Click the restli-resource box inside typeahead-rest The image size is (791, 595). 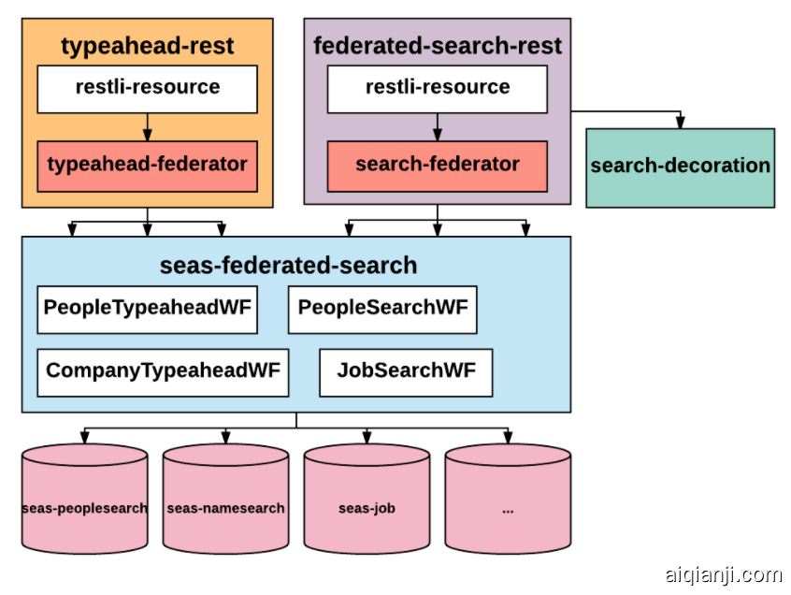coord(147,89)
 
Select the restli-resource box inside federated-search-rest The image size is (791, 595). coord(437,89)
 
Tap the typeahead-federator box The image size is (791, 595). coord(147,166)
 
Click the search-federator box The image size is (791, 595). coord(437,166)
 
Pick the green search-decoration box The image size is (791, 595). coord(680,167)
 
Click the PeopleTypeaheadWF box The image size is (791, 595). coord(147,309)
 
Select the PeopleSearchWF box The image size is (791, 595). coord(381,309)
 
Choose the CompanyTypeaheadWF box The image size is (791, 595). coord(163,371)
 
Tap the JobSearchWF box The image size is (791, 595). coord(406,371)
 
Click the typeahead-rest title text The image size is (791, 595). coord(147,46)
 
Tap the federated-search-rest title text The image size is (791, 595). coord(437,46)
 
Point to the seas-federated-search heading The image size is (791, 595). coord(288,266)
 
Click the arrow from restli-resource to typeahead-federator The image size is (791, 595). coord(147,127)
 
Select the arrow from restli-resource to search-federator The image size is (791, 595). coord(437,127)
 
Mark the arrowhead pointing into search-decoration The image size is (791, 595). coord(680,123)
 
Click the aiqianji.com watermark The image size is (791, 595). coord(723,573)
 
